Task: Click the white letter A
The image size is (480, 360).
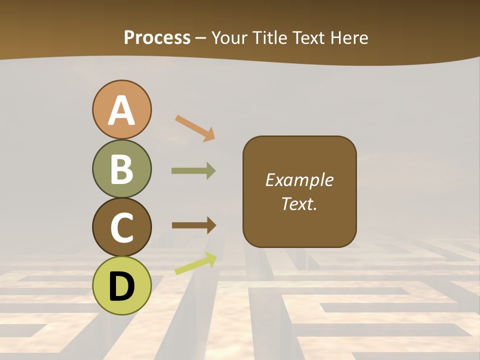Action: coord(121,110)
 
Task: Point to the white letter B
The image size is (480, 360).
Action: coord(121,169)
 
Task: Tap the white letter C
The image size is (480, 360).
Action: coord(121,227)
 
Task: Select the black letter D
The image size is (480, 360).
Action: coord(121,286)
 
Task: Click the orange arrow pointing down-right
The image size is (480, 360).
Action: coord(195,128)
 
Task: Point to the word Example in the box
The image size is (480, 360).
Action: coord(299,180)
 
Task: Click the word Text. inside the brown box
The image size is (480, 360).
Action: coord(299,203)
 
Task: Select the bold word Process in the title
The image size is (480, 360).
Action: coord(157,38)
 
